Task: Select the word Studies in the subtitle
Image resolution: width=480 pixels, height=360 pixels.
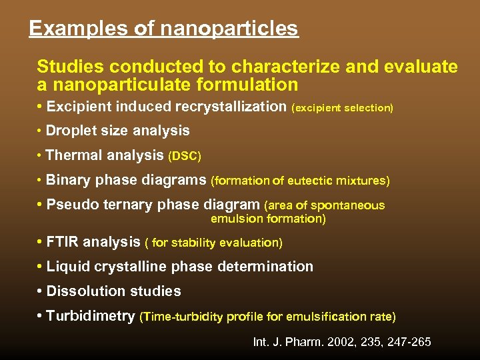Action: tap(70, 67)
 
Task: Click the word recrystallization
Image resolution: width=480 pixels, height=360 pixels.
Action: tap(230, 107)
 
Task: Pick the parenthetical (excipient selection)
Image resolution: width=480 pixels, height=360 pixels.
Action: tap(343, 107)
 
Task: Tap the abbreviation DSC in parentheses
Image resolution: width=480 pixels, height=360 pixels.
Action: tap(184, 156)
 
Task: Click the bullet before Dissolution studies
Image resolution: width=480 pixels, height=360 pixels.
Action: tap(41, 291)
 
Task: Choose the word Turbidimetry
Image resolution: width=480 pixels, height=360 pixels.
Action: tap(91, 316)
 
